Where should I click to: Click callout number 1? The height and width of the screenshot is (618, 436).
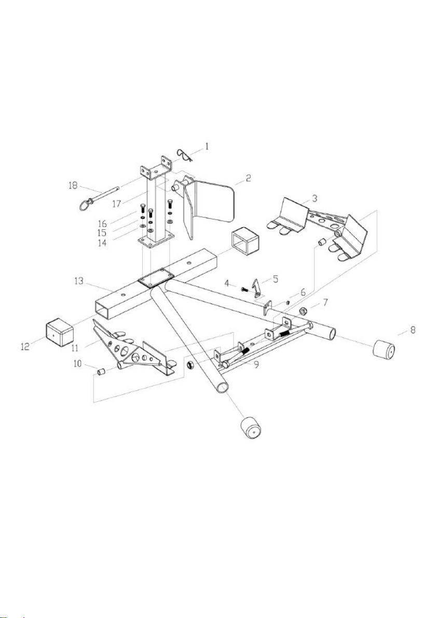(207, 147)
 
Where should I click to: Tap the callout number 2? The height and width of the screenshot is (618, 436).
(248, 178)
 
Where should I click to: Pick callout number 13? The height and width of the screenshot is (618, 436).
(78, 282)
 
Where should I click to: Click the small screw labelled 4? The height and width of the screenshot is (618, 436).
(245, 290)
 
